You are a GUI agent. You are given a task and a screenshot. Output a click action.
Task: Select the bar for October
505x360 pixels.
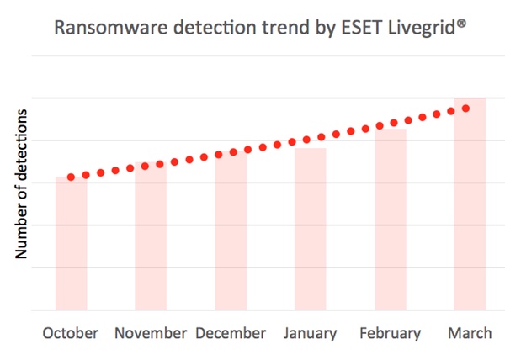71,244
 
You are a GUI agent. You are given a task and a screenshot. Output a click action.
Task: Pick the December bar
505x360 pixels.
231,231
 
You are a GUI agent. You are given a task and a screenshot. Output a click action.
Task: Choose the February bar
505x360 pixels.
390,219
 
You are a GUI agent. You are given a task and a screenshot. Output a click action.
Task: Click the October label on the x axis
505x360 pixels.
71,333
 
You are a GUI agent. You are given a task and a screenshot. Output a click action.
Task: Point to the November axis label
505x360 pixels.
151,333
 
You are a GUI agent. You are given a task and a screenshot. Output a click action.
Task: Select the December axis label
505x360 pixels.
231,333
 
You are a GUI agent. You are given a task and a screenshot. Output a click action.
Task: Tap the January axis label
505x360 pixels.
310,333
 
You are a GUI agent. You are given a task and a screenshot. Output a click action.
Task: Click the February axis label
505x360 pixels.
390,333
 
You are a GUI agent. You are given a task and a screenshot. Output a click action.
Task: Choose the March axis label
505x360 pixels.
470,333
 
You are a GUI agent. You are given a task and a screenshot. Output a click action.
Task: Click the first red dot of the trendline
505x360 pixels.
71,177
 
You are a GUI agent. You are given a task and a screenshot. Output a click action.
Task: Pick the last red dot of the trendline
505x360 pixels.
465,109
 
